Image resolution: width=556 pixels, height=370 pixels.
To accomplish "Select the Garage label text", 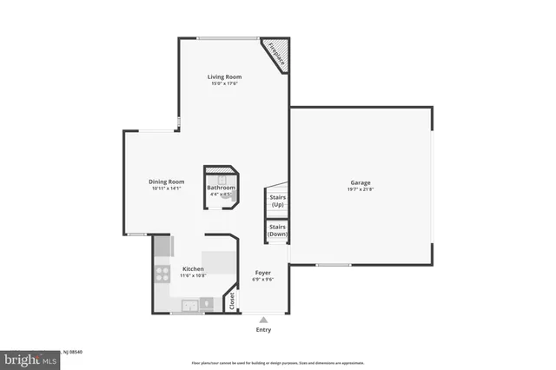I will click(x=361, y=182).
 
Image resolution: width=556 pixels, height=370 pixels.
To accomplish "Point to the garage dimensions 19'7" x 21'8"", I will click(x=361, y=189).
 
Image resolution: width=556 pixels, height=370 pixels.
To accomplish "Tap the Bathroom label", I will click(x=221, y=188).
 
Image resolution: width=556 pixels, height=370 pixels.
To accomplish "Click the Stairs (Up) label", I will click(x=278, y=201).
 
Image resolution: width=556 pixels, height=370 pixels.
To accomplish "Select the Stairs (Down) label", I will click(x=278, y=231).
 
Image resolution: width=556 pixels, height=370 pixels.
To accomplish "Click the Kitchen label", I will click(x=192, y=268).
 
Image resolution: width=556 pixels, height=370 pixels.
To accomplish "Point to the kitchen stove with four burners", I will click(x=162, y=274).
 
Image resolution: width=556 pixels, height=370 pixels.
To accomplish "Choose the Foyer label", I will click(x=263, y=273).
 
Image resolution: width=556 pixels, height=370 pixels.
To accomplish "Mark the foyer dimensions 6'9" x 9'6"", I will click(x=263, y=280).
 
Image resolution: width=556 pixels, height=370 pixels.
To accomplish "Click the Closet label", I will click(x=232, y=302).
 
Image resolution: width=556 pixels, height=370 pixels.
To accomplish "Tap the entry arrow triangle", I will click(x=263, y=320).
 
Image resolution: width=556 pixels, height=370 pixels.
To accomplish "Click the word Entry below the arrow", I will click(x=263, y=330).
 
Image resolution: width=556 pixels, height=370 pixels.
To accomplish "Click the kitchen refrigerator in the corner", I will click(x=162, y=246).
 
